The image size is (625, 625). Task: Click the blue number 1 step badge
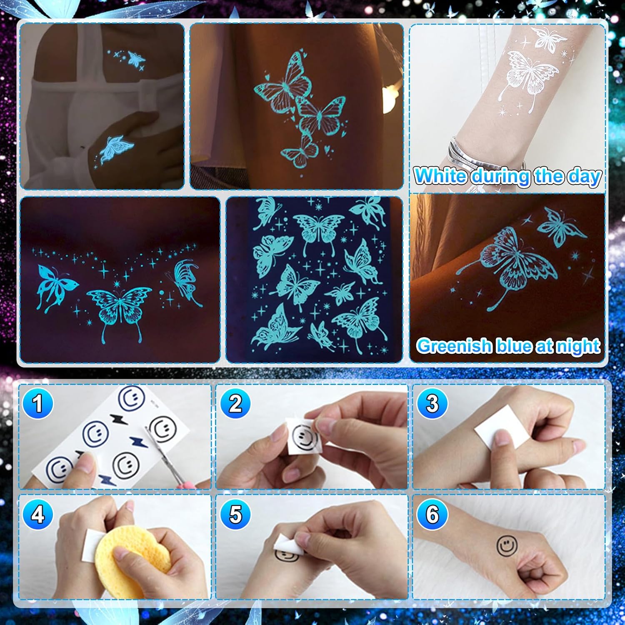[x=38, y=403]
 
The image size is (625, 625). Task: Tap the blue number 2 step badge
[x=235, y=403]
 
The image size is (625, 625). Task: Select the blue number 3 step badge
[x=432, y=403]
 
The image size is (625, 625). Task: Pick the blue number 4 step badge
[x=38, y=515]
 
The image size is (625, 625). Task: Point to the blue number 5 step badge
[x=235, y=515]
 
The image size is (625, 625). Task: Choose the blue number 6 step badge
[x=432, y=515]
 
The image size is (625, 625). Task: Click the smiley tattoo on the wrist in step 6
[x=507, y=545]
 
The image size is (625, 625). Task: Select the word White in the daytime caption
[x=441, y=176]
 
